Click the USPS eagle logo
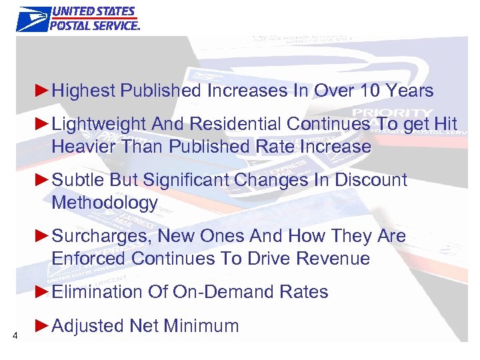(33, 18)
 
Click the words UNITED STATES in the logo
(94, 11)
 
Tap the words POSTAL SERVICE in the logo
(94, 25)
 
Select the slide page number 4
(15, 335)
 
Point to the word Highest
(83, 90)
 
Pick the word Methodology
(105, 203)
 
